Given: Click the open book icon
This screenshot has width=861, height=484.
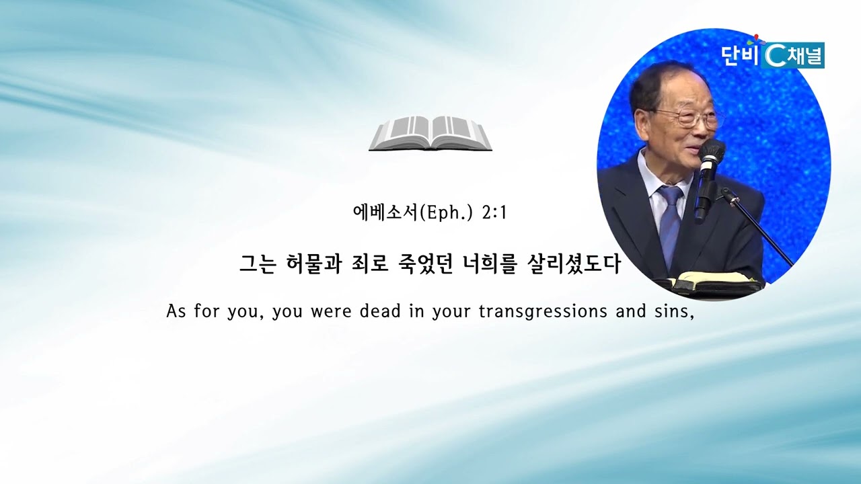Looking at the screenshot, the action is [x=430, y=133].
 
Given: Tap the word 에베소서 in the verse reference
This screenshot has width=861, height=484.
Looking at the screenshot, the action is [x=385, y=213].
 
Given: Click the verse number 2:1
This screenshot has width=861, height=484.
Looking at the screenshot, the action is [x=494, y=213].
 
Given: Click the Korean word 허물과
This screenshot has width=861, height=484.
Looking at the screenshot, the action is [x=313, y=264].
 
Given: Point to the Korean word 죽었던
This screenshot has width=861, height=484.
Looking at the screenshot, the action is [x=424, y=264].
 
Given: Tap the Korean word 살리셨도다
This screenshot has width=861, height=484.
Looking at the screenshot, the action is [x=572, y=264].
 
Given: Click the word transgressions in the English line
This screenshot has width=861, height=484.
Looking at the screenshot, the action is [x=543, y=311].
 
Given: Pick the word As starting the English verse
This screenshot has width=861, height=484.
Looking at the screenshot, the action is [x=176, y=311].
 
